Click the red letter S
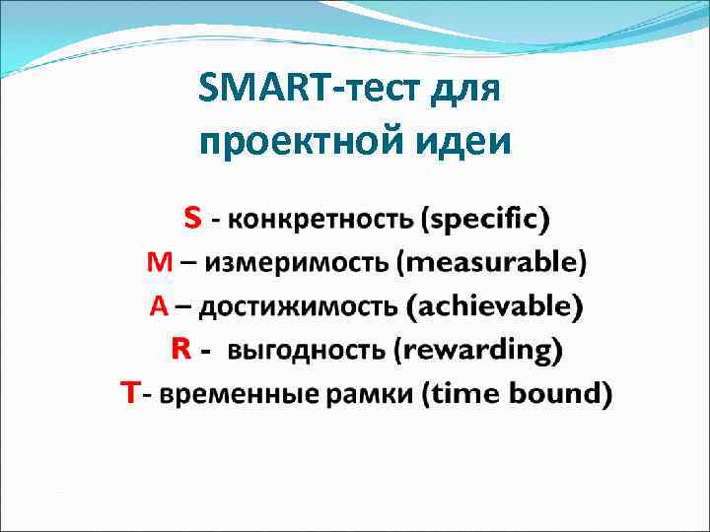[193, 218]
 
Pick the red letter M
[159, 262]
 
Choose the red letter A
[159, 306]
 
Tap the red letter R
[180, 349]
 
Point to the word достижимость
[300, 307]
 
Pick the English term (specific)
[485, 219]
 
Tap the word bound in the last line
[557, 395]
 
